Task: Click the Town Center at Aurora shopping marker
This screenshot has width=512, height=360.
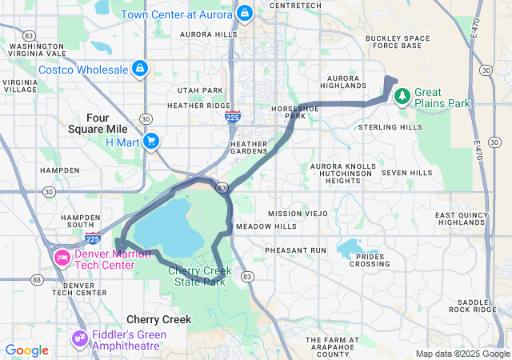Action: (x=245, y=14)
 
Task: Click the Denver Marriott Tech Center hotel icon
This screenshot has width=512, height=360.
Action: (x=61, y=258)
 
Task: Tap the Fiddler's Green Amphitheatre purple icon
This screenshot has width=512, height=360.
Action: (x=78, y=340)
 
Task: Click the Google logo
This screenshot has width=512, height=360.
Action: (x=26, y=350)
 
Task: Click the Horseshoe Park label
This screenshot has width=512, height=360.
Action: (x=289, y=111)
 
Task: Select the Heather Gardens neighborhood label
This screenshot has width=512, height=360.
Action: (x=249, y=148)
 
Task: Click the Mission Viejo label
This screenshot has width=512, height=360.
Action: (x=298, y=214)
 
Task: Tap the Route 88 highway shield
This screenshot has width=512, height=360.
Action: (x=38, y=279)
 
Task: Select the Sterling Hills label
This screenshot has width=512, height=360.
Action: (x=390, y=127)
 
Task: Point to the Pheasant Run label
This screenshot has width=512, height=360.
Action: (x=296, y=250)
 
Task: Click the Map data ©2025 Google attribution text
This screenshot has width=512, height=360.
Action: (x=461, y=354)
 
